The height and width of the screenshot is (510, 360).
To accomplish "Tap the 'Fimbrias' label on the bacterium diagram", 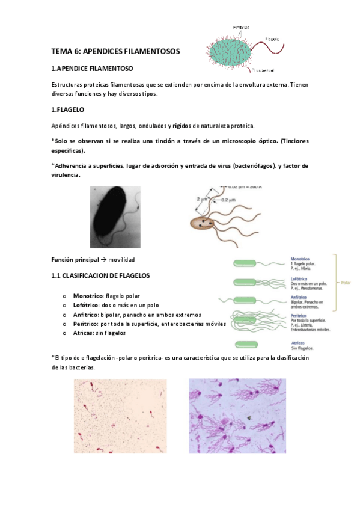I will pyautogui.click(x=242, y=28).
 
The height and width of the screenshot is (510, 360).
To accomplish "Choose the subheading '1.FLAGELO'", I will pyautogui.click(x=68, y=111).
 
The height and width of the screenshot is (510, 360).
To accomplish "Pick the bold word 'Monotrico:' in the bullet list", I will pyautogui.click(x=88, y=296).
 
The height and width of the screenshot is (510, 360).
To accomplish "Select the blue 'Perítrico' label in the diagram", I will pyautogui.click(x=300, y=316).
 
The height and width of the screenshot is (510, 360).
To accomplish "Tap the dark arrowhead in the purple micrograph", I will pyautogui.click(x=247, y=417).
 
